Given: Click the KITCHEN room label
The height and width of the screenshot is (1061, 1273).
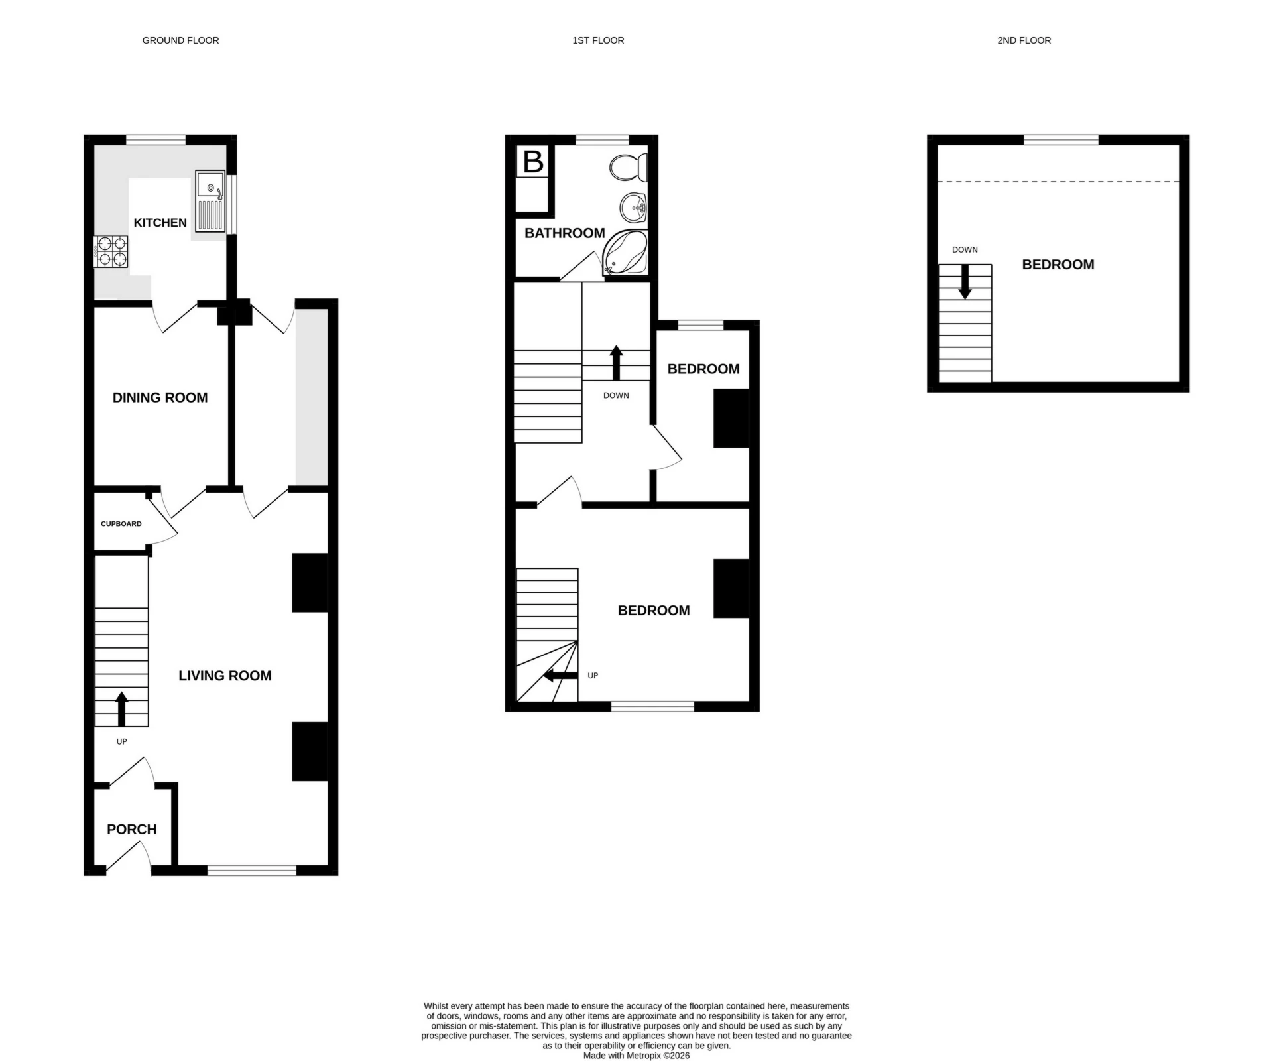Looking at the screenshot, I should click(160, 223).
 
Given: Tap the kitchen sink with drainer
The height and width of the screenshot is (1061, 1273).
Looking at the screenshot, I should click(211, 201).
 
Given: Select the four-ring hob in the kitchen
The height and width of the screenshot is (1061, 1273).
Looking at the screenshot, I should click(111, 252).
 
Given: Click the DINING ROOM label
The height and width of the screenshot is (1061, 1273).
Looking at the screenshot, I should click(160, 398).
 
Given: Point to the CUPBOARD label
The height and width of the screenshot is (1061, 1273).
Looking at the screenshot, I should click(121, 524).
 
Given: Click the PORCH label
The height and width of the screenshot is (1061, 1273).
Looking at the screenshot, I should click(131, 830).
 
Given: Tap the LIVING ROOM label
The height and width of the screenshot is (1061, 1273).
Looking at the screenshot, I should click(225, 676).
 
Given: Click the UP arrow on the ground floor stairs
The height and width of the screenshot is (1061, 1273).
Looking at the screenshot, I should click(121, 709).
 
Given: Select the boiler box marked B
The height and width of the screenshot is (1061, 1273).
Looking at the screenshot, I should click(533, 162).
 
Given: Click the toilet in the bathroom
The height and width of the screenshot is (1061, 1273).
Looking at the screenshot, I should click(627, 168).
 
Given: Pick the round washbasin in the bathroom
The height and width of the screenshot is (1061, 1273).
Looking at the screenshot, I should click(633, 208).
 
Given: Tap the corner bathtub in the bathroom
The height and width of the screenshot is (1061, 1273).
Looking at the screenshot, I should click(625, 253).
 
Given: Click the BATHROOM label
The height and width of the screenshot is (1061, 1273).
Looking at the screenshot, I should click(564, 233).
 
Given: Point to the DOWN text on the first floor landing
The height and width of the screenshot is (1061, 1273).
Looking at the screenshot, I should click(616, 395).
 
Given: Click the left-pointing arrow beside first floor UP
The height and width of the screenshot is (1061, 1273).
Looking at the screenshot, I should click(560, 676).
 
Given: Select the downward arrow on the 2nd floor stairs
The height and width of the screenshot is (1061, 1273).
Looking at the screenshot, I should click(965, 281).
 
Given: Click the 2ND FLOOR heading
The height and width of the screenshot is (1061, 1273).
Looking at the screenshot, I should click(1024, 40).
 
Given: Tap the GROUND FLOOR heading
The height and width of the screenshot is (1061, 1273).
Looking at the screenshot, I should click(180, 40).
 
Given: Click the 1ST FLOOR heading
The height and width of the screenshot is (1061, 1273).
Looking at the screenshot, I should click(598, 40).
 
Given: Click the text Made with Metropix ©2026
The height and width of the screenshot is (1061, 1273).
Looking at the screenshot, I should click(636, 1056).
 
